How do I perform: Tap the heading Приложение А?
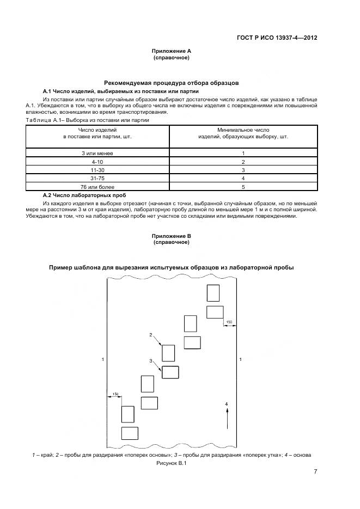click(171, 51)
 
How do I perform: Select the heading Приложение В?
click(171, 236)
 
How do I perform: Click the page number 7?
click(315, 471)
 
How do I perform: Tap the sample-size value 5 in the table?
click(243, 186)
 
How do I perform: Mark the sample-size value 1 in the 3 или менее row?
click(243, 154)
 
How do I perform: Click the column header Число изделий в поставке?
click(97, 133)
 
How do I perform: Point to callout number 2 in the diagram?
click(151, 335)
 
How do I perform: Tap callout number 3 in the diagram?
click(151, 361)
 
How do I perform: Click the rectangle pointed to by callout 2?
click(169, 353)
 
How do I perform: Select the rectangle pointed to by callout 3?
click(170, 372)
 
